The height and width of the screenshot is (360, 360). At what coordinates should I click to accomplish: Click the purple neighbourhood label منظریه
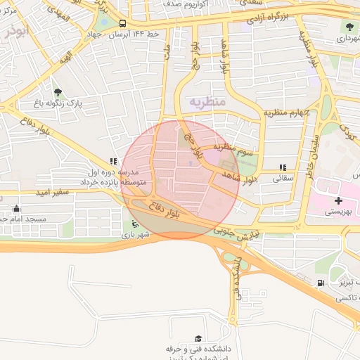207,102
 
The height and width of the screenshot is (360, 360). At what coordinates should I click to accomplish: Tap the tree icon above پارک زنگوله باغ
58,91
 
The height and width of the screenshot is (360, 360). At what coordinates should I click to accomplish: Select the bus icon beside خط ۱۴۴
123,23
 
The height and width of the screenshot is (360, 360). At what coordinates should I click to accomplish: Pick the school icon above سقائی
283,167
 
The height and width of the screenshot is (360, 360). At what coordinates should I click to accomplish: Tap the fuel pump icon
321,283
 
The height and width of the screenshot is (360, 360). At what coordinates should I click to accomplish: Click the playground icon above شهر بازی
135,225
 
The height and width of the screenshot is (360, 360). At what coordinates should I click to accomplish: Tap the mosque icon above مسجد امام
17,209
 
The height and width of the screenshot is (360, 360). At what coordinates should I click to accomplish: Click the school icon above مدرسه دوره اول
114,161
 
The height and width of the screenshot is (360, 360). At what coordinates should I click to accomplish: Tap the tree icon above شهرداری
350,27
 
